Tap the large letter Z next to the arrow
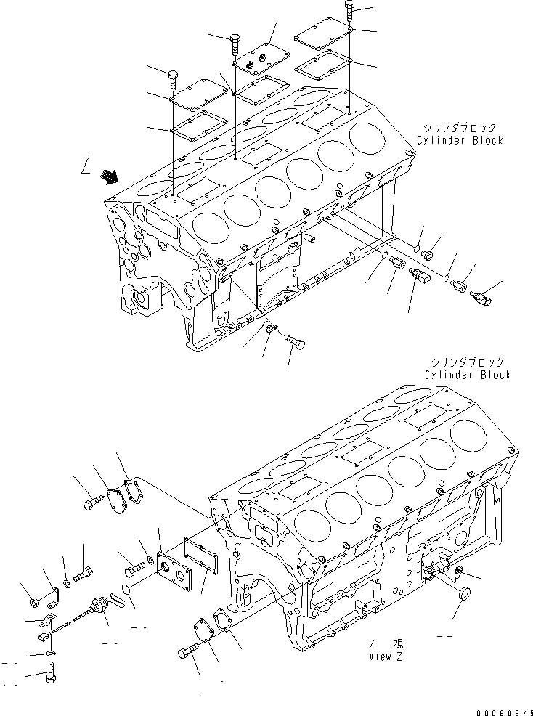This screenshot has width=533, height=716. (x=86, y=168)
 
